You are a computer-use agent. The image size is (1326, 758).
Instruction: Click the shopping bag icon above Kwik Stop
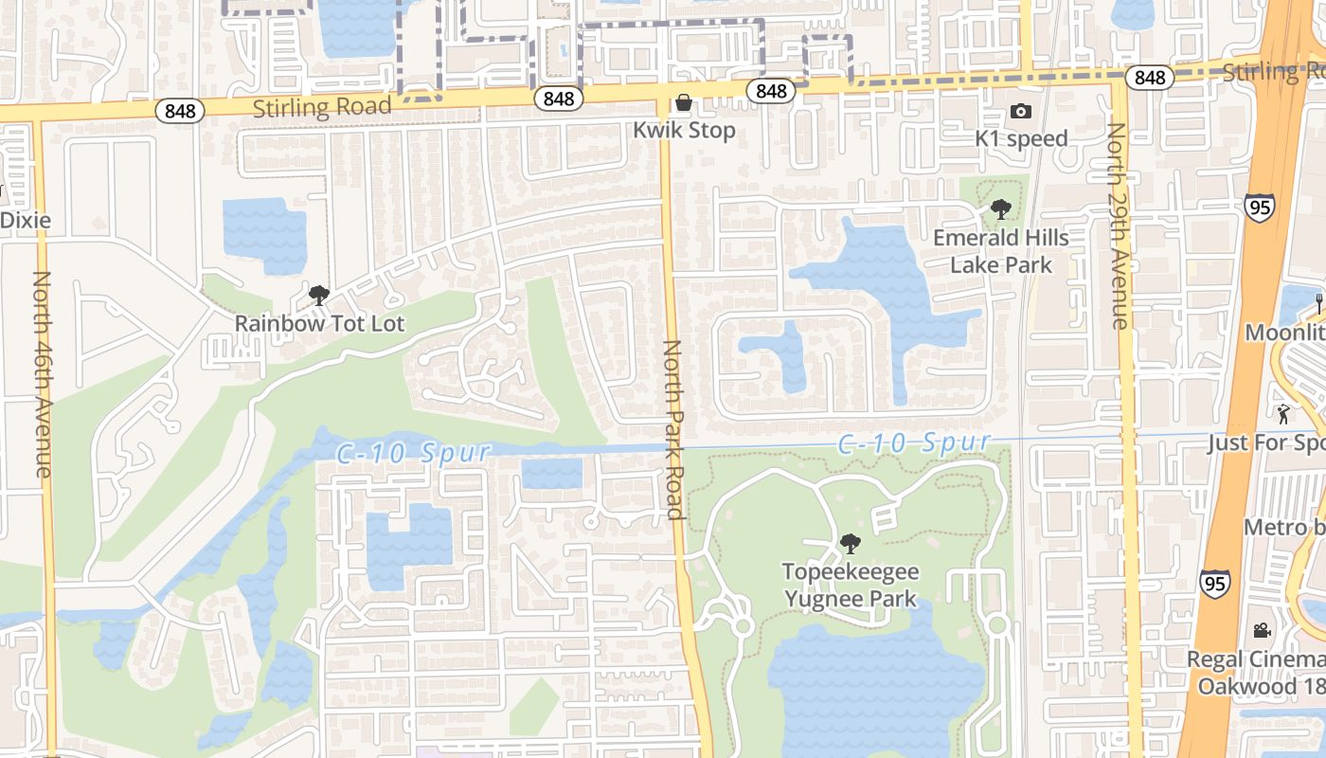tap(683, 102)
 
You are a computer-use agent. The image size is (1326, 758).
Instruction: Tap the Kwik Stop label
tap(685, 130)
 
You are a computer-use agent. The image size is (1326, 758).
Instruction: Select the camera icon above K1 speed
tap(1020, 111)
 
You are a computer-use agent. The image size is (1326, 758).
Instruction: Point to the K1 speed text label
tap(1021, 138)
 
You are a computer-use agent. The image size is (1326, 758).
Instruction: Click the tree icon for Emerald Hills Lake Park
tap(1000, 209)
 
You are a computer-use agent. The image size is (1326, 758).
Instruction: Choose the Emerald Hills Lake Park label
tap(1001, 251)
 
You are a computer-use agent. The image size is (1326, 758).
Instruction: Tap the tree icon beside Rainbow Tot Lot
tap(319, 295)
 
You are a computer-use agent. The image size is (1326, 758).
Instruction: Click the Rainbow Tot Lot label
tap(319, 323)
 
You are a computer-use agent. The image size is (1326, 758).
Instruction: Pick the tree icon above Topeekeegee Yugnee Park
tap(850, 543)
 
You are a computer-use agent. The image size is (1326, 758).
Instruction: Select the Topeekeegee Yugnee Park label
tap(850, 585)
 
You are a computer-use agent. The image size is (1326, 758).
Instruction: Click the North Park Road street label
tap(672, 430)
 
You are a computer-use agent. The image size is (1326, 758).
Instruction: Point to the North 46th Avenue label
tap(43, 373)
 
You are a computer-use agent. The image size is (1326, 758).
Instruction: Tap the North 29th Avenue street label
tap(1119, 226)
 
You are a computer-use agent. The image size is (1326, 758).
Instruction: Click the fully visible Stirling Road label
tap(322, 106)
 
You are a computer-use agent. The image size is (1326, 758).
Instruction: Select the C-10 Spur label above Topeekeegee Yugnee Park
tap(914, 442)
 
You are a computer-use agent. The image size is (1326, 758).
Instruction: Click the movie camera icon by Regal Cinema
tap(1262, 630)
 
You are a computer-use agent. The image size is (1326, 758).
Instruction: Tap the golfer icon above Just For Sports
tap(1283, 414)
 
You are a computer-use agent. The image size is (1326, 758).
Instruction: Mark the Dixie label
tap(26, 220)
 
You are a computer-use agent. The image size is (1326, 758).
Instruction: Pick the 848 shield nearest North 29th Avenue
tap(1149, 77)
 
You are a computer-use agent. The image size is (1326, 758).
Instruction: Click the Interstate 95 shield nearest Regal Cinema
tap(1215, 583)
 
